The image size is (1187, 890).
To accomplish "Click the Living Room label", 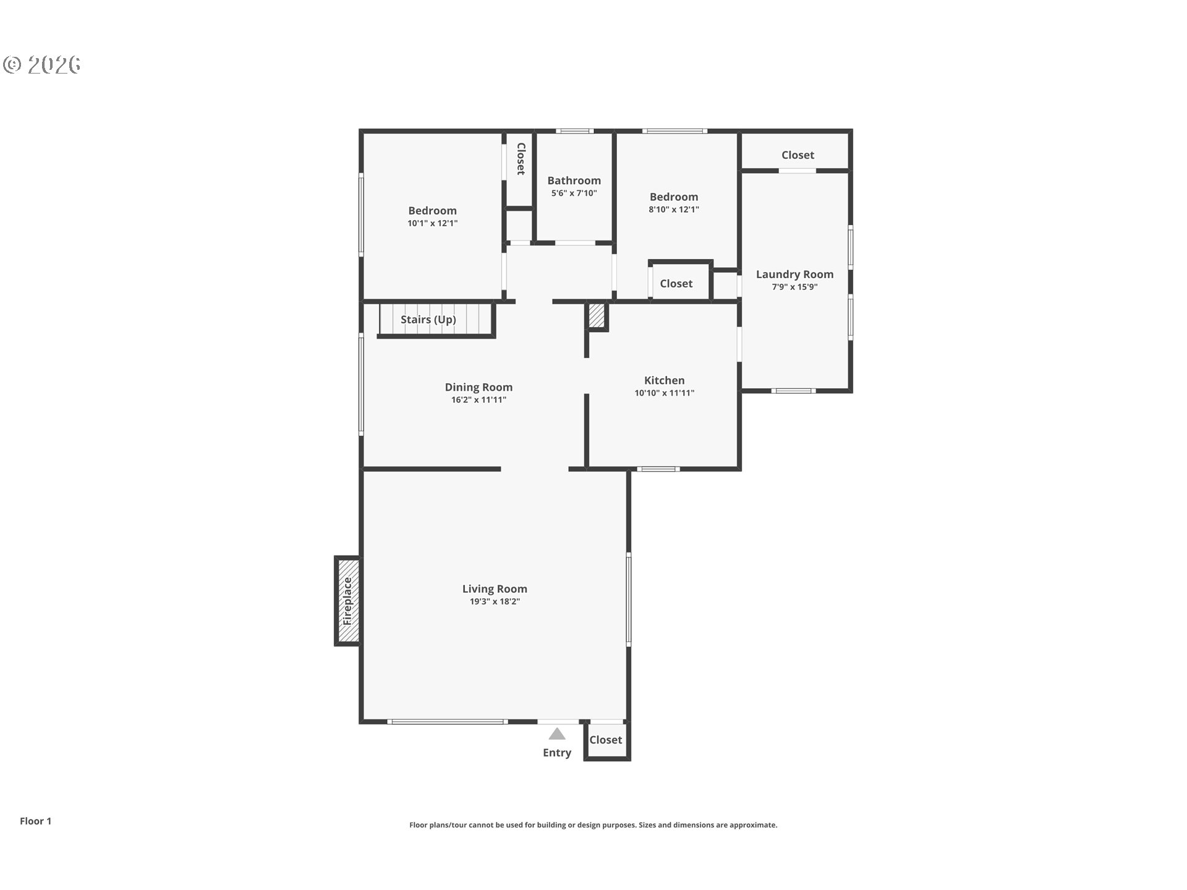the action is tap(495, 589).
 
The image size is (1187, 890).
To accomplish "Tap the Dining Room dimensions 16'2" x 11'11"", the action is tap(479, 400).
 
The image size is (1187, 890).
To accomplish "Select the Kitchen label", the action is tap(665, 381).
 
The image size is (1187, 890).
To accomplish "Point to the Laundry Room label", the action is tap(794, 274).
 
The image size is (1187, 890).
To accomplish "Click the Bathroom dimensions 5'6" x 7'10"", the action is tap(574, 193).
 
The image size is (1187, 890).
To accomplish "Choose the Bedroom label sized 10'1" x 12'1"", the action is tap(432, 211).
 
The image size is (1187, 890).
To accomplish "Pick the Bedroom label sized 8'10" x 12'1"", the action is tap(674, 197).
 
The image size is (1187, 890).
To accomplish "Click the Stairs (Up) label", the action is tap(428, 320).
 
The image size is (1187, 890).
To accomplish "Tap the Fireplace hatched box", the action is tap(348, 601).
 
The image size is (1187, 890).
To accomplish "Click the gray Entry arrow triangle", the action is tap(557, 734).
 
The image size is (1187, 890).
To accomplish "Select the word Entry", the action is tap(557, 753).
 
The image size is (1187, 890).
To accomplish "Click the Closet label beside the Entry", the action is tap(605, 740).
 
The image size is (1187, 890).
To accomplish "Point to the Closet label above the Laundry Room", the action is tap(798, 155).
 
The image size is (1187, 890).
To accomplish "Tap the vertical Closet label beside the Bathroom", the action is tap(521, 159).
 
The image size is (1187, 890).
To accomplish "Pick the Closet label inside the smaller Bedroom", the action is tap(676, 284).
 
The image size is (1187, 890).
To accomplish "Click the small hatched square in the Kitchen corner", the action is tap(596, 316).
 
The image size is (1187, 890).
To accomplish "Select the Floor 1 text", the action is tap(36, 821).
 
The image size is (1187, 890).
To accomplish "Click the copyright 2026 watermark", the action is tap(42, 64).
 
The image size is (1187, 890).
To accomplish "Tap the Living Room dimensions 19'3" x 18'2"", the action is tap(495, 602).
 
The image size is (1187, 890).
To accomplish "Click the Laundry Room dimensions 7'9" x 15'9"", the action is tap(794, 287).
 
